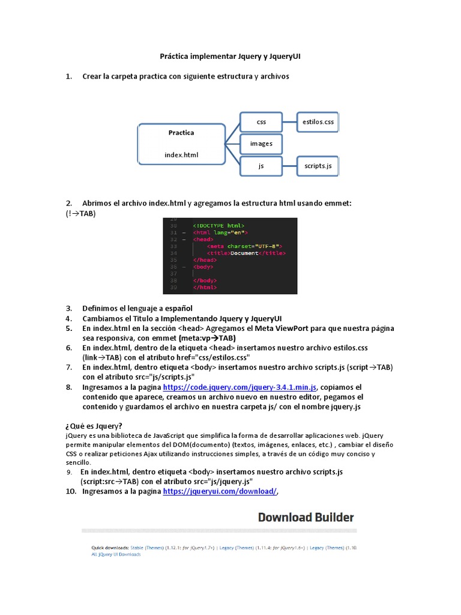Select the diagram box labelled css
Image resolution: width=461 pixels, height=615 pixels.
(x=261, y=122)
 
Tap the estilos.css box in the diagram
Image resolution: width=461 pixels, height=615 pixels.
(x=318, y=122)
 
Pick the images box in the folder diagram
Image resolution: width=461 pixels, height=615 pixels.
(x=261, y=144)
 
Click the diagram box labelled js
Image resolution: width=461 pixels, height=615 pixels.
(x=261, y=166)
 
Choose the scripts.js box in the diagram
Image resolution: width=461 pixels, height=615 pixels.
(x=318, y=166)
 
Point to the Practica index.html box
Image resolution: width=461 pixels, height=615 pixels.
(x=181, y=144)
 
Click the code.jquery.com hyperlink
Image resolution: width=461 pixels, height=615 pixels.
(x=240, y=387)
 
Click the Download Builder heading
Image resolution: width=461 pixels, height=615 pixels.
(x=306, y=517)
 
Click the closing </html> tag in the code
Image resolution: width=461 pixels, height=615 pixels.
(x=205, y=288)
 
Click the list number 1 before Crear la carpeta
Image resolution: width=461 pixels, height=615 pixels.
(x=69, y=76)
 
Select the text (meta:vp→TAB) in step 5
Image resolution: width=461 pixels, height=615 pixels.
(x=204, y=338)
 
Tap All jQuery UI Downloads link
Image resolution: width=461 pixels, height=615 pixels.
(x=116, y=554)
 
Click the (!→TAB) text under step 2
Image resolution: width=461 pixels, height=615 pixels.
(x=81, y=213)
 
